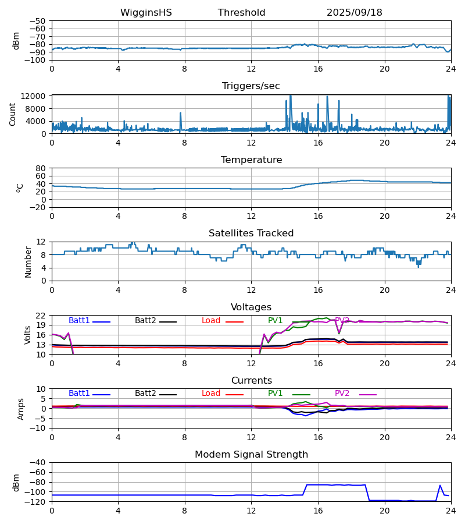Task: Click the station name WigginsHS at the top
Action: tap(146, 13)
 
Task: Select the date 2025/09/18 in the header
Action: tap(355, 13)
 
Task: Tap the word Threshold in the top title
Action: tap(242, 13)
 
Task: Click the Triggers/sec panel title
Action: tap(251, 86)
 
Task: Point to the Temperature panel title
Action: tap(251, 160)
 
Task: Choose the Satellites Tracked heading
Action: tap(251, 233)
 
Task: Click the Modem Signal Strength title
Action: tap(251, 455)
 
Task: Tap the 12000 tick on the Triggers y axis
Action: tap(37, 96)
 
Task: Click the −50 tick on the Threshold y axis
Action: tap(38, 21)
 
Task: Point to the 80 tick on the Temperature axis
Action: tap(41, 168)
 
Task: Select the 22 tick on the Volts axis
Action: tap(41, 316)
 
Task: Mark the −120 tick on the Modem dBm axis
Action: tap(37, 501)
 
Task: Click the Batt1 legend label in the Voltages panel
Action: tap(79, 321)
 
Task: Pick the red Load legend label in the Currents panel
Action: tap(211, 394)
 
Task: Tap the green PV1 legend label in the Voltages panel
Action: tap(276, 321)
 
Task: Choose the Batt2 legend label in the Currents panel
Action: tap(145, 394)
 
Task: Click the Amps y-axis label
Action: tap(22, 409)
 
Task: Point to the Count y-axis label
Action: tap(13, 114)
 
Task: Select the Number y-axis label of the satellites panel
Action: tap(28, 261)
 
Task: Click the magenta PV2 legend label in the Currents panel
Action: tap(342, 394)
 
